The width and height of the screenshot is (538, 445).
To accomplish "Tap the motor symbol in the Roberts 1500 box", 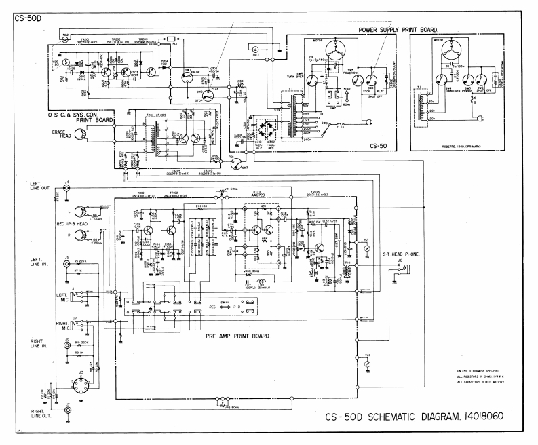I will pos(442,52).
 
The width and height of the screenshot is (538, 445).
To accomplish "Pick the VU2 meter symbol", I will pos(368,364).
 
